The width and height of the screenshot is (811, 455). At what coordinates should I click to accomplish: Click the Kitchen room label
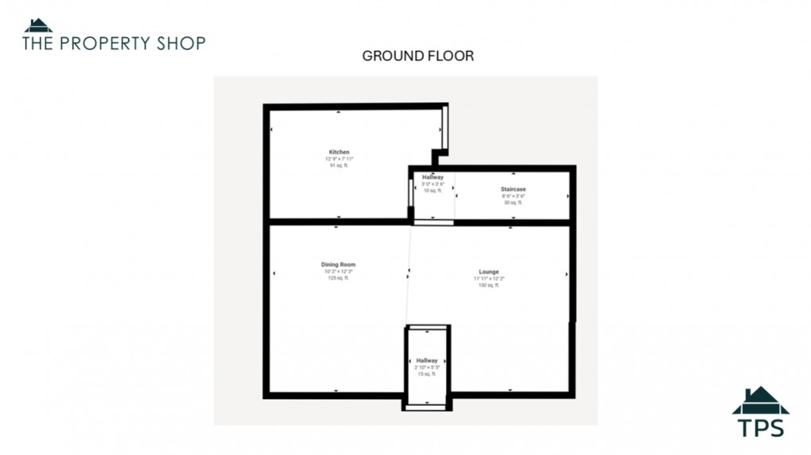coord(340,152)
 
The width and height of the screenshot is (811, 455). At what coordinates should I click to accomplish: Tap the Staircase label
coord(513,189)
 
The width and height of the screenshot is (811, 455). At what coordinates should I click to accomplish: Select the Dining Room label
coord(338,264)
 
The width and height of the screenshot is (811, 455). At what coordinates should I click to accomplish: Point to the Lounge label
coord(489,272)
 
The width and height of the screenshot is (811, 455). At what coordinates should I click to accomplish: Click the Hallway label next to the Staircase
coord(433,177)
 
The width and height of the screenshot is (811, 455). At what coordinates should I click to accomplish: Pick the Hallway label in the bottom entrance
coord(427,361)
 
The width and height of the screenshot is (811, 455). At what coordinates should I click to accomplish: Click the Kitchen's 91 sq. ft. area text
coord(340,165)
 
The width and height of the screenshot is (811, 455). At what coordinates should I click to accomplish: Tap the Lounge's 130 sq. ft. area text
coord(489,285)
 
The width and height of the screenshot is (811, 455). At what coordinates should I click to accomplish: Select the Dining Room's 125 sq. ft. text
coord(338,278)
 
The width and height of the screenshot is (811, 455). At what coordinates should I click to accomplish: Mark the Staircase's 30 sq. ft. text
coord(513,202)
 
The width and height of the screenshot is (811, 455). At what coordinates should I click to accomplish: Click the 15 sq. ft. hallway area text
coord(427,374)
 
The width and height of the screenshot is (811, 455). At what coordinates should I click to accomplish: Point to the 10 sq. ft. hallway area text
coord(433,191)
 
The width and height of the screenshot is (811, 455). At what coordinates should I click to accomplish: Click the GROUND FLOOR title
coord(418,56)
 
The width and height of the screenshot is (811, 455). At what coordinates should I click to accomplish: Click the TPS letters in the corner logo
coord(761,428)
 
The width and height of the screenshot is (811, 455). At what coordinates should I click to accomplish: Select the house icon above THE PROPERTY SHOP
coord(37,25)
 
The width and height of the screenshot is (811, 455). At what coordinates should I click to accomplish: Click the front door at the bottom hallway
coord(427,407)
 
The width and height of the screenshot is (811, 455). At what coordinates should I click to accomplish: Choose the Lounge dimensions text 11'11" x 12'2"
coord(489,279)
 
